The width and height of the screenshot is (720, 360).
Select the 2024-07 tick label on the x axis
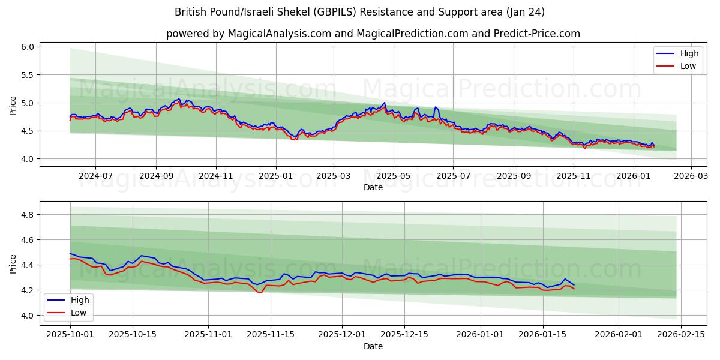tap(95, 176)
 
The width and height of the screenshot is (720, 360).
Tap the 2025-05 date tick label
tap(393, 176)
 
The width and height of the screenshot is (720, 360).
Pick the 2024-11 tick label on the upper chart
tap(215, 176)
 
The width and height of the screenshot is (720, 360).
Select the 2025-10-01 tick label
tap(70, 333)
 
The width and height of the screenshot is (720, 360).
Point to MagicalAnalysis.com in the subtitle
tap(280, 34)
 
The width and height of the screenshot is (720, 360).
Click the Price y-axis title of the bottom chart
tap(13, 263)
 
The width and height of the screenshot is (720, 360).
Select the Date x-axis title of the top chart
tap(373, 188)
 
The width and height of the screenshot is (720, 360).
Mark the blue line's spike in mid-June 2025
tap(436, 107)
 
